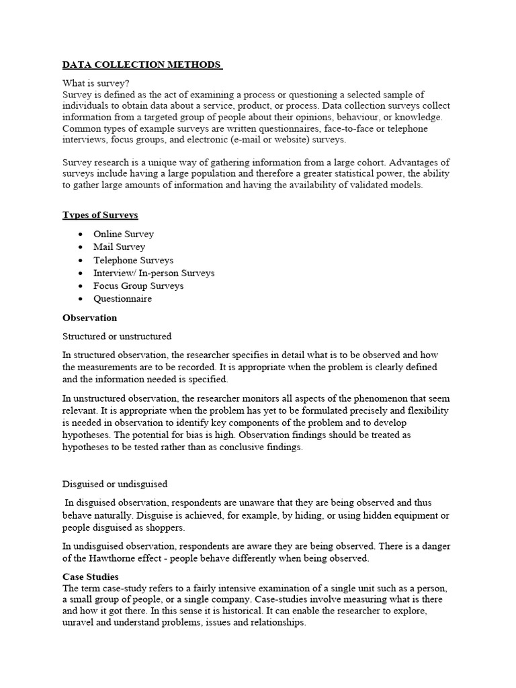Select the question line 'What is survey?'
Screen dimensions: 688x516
(96, 83)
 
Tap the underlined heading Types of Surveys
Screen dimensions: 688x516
(100, 215)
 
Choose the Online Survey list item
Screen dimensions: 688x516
(124, 234)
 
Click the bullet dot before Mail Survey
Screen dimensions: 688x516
(81, 247)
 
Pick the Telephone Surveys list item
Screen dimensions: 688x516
(133, 260)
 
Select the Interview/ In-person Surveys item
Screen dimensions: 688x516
(154, 273)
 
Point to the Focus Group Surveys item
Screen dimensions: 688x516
(138, 286)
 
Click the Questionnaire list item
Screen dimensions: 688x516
(122, 299)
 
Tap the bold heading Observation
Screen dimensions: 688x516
(89, 318)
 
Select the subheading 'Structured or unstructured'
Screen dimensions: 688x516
(117, 336)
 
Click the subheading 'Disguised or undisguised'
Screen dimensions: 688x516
(115, 484)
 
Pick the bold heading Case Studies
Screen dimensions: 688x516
(91, 576)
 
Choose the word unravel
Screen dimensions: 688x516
(78, 623)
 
